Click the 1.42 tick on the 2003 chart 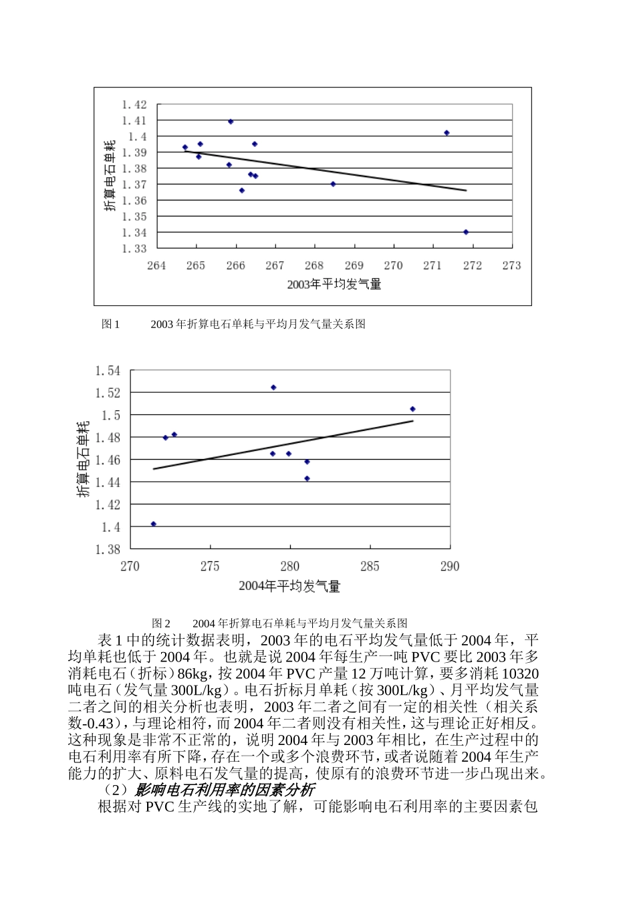pos(134,104)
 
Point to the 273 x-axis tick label pos(511,265)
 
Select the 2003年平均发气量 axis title pos(334,285)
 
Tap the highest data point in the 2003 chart pos(231,122)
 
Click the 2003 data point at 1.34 pos(466,232)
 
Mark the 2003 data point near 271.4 pos(447,133)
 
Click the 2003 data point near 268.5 pos(333,184)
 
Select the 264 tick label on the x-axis pos(156,265)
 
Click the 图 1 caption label pos(110,324)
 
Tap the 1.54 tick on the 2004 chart pos(108,370)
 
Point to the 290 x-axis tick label pos(450,567)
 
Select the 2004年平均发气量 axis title pos(289,587)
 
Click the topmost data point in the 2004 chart pos(273,388)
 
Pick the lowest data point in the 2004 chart pos(154,524)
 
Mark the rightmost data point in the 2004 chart pos(412,409)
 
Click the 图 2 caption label pos(161,623)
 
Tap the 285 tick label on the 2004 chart pos(370,567)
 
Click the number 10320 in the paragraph pos(520,673)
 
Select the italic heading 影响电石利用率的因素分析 pos(229,790)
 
